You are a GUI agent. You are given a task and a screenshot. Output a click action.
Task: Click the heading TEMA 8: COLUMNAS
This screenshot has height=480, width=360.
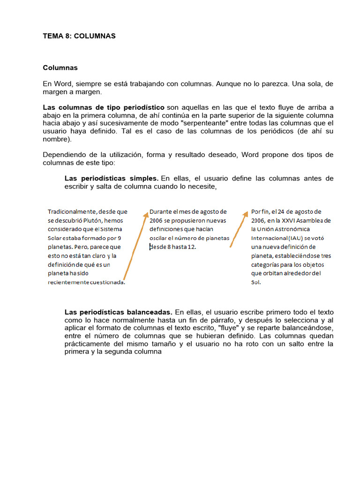79,36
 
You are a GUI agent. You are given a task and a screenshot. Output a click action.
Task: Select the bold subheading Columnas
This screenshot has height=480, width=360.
60,67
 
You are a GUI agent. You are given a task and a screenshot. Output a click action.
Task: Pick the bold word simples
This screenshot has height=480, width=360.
144,179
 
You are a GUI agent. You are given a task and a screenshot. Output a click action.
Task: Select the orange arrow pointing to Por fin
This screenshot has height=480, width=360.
238,230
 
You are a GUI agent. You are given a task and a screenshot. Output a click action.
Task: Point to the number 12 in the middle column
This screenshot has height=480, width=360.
191,247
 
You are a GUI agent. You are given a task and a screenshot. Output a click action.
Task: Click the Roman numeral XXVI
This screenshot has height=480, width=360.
290,220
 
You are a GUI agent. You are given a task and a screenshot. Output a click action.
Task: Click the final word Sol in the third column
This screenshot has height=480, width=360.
255,283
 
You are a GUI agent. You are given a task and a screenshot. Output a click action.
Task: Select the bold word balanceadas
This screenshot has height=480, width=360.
150,312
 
